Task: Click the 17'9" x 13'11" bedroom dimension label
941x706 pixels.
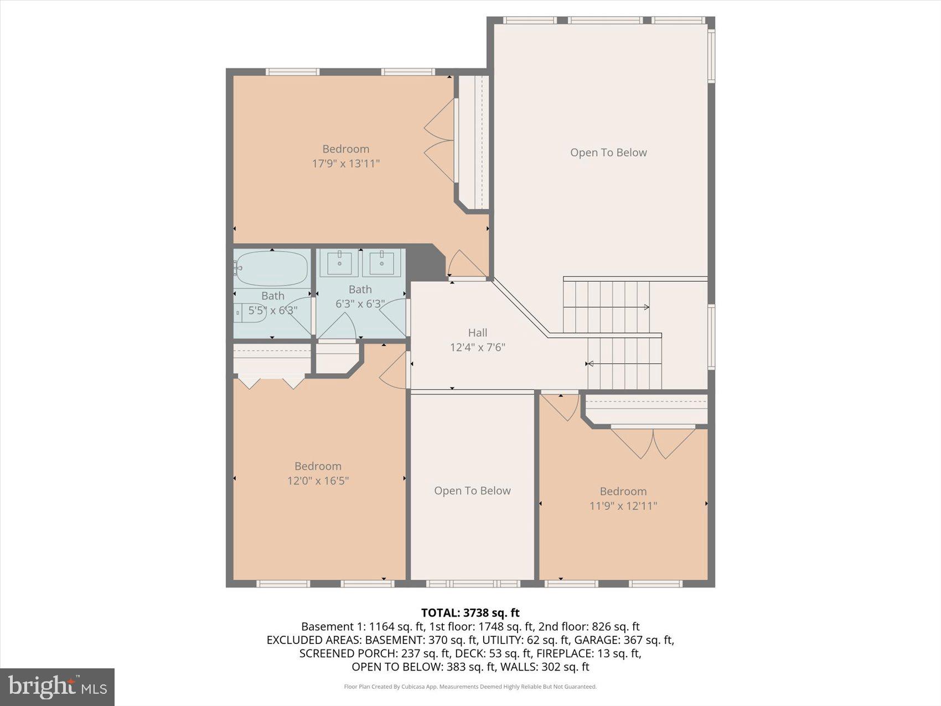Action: pos(345,164)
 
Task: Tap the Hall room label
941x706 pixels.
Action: pos(477,333)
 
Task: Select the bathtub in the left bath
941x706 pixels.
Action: pos(271,269)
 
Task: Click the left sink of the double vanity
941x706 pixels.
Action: pos(339,263)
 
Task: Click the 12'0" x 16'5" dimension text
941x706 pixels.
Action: pos(318,481)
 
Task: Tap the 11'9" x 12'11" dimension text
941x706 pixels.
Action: pos(623,506)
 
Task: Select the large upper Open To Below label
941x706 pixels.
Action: pos(608,153)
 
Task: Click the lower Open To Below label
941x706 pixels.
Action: pos(472,491)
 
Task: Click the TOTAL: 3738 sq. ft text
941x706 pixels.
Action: pos(470,612)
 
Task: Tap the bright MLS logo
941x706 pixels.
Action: pos(57,687)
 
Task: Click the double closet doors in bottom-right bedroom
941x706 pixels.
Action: pos(653,443)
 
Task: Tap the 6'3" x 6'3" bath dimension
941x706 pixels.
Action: pos(360,304)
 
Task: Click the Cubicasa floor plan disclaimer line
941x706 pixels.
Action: pos(470,687)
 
